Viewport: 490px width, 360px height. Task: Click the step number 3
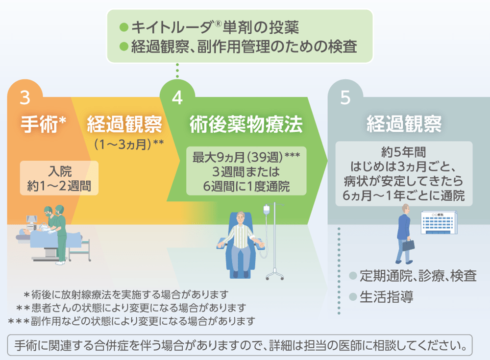(25, 97)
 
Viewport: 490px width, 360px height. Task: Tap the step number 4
(177, 97)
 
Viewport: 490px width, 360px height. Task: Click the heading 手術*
(43, 124)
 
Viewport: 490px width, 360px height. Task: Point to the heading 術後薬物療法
(246, 125)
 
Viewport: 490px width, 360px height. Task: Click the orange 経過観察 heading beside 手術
(124, 124)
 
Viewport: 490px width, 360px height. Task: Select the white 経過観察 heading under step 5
(404, 124)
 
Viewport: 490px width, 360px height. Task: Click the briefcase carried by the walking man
(410, 243)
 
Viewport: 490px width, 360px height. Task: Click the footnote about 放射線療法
(126, 295)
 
